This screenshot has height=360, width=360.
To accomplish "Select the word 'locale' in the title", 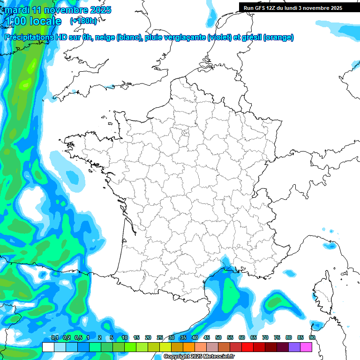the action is click(45, 21).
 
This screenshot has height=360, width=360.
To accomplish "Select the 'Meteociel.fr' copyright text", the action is click(215, 357).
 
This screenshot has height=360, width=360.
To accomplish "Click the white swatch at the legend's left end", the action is click(48, 347).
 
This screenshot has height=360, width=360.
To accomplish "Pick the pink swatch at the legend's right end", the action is click(306, 347).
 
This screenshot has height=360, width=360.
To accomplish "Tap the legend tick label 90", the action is click(312, 337).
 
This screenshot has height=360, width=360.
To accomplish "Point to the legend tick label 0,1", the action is click(55, 337).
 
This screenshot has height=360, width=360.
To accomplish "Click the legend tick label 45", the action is click(207, 337).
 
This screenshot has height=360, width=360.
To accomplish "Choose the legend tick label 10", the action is click(125, 337).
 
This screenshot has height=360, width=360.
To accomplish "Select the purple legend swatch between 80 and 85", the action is click(294, 347).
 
